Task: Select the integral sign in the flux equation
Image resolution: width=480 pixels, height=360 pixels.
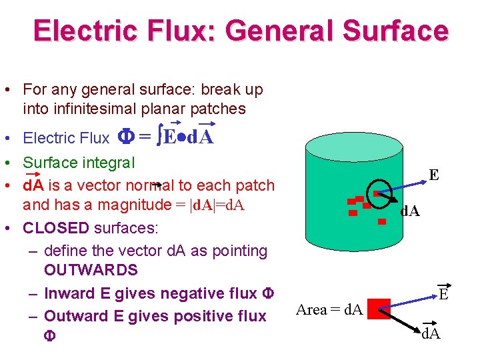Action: [x=159, y=138]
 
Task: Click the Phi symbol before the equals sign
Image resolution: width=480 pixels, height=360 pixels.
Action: [x=125, y=138]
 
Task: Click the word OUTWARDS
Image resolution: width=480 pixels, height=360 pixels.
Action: [x=91, y=270]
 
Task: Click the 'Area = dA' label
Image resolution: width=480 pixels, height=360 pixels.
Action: [x=329, y=309]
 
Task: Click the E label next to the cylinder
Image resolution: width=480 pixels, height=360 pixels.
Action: [x=434, y=175]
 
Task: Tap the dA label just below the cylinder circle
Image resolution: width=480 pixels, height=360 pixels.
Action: [x=409, y=211]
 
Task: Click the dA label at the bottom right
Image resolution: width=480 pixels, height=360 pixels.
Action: [x=431, y=333]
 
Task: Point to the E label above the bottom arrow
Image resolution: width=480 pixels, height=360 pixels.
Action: [x=443, y=294]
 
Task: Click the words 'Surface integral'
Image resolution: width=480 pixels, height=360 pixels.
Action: [x=79, y=163]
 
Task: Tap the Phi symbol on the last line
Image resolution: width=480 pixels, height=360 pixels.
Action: [x=50, y=336]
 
